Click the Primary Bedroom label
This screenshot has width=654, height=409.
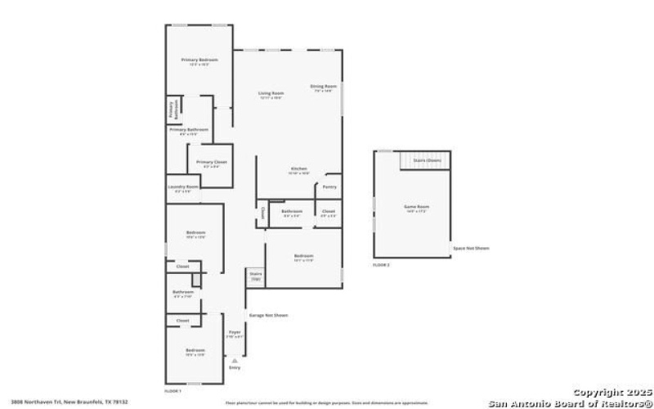[199, 60]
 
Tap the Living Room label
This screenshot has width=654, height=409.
[271, 93]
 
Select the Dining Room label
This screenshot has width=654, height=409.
[323, 86]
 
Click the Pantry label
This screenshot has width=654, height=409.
[329, 187]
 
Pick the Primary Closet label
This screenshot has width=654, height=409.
[211, 162]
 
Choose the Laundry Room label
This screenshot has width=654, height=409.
[183, 187]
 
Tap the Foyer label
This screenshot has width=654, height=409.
[234, 332]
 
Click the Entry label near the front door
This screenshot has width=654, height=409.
[235, 368]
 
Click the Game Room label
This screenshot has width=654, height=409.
[417, 207]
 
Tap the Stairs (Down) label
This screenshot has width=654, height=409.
[427, 161]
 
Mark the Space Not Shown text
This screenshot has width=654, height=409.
[471, 248]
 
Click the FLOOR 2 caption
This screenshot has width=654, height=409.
[381, 265]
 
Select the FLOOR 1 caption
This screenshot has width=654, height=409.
[172, 391]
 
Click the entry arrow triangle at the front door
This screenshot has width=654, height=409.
[235, 359]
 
